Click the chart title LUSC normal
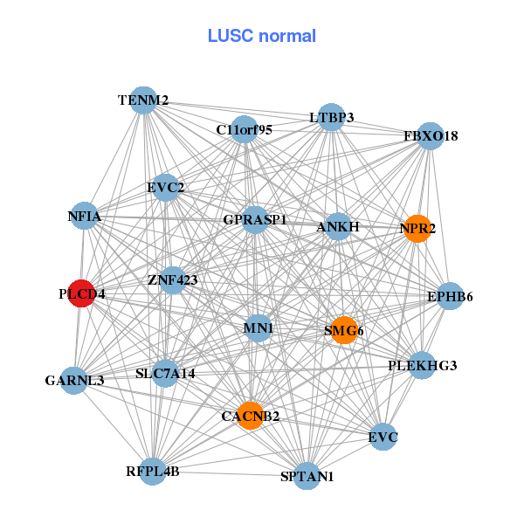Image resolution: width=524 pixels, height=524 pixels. click(x=262, y=36)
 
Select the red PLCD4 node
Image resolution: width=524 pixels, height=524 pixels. click(x=81, y=293)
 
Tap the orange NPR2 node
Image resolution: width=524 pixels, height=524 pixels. click(x=417, y=229)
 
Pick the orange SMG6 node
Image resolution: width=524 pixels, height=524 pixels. click(x=344, y=330)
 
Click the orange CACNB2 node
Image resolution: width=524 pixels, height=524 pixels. click(x=250, y=415)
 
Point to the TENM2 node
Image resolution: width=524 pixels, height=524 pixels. click(x=144, y=100)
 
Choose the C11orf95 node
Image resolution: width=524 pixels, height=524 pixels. click(x=245, y=130)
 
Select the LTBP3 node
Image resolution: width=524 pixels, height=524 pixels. click(x=330, y=117)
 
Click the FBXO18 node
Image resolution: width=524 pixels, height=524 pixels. click(x=430, y=136)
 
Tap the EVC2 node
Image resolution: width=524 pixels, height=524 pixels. click(x=165, y=187)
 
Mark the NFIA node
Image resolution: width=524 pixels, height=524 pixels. click(x=85, y=216)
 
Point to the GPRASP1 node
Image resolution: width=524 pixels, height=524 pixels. click(x=254, y=219)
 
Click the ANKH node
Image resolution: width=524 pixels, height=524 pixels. click(x=338, y=227)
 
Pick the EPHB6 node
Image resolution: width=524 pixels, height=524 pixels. click(x=450, y=297)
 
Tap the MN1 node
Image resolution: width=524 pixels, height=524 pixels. click(x=259, y=328)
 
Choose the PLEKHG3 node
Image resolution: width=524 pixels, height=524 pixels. click(x=422, y=365)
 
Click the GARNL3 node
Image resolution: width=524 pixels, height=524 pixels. click(x=75, y=380)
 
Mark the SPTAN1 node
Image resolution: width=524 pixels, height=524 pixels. click(x=307, y=476)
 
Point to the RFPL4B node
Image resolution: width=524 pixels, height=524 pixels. click(x=153, y=472)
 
